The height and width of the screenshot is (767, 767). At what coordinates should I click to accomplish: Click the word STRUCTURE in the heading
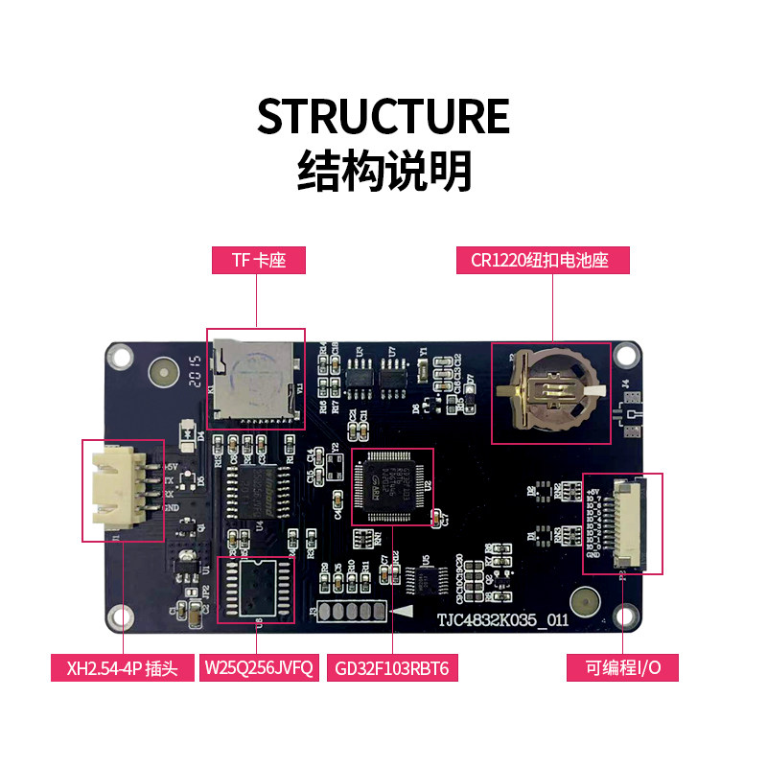383,116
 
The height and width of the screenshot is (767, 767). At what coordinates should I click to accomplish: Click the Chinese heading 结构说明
383,172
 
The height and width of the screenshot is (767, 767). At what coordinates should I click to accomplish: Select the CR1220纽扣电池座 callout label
552,260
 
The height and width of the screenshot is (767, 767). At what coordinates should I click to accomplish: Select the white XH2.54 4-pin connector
118,489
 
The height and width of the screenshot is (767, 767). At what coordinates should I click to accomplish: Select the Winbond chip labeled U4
257,488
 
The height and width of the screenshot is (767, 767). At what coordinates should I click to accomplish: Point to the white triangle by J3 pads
404,611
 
